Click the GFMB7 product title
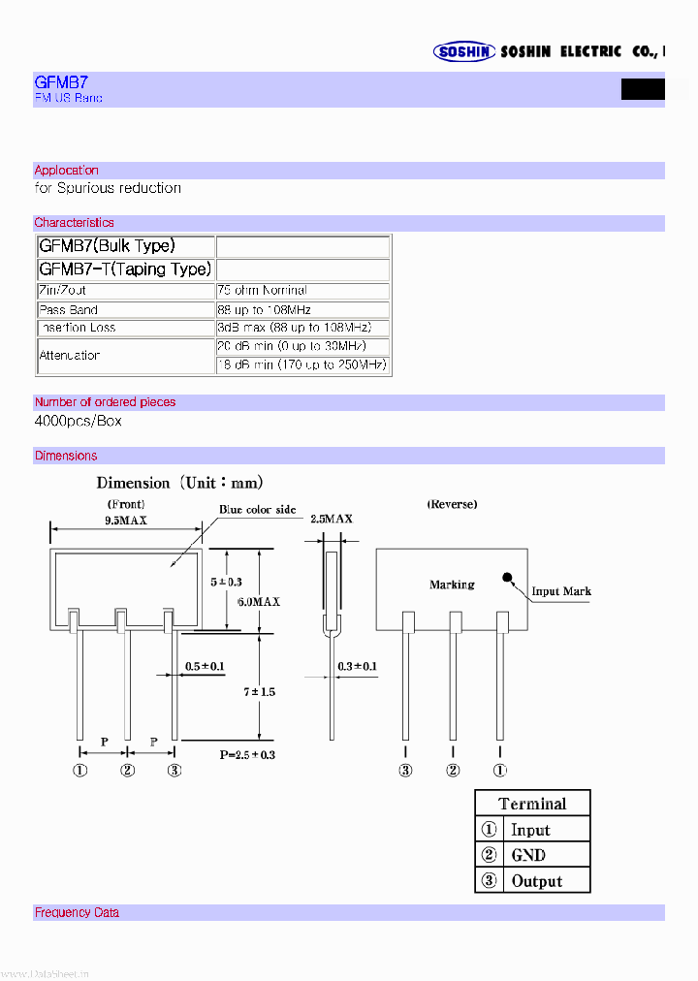(x=61, y=83)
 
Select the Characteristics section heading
(x=74, y=223)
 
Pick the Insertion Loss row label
(x=77, y=328)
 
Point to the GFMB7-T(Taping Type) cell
(x=125, y=269)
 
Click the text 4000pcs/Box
(x=78, y=422)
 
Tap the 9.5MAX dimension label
(x=126, y=521)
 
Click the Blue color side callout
(x=257, y=510)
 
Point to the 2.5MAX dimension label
(x=332, y=520)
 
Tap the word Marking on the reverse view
(x=452, y=585)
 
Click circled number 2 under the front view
(x=127, y=771)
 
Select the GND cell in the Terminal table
(x=528, y=855)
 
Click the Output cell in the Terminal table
(x=536, y=881)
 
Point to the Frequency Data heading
(x=78, y=913)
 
